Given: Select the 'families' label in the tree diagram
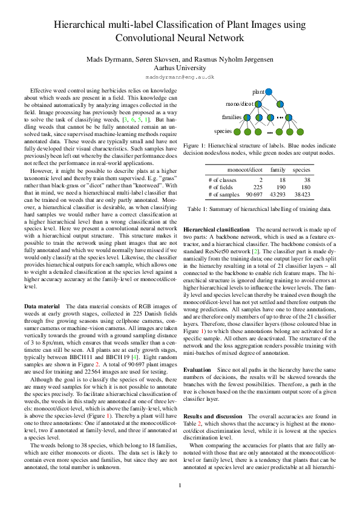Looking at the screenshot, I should pyautogui.click(x=232, y=117).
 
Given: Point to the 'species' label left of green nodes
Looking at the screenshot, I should pyautogui.click(x=224, y=131).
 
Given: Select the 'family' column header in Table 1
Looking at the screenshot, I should pyautogui.click(x=278, y=170).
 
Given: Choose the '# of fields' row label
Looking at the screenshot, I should pyautogui.click(x=223, y=187).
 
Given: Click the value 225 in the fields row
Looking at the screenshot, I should pyautogui.click(x=257, y=187).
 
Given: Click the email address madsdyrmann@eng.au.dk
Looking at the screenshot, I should pyautogui.click(x=180, y=77).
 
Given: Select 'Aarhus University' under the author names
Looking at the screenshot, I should pyautogui.click(x=180, y=68).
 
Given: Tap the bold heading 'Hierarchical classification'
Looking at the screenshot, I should pyautogui.click(x=216, y=230).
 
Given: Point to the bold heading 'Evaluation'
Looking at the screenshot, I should pyautogui.click(x=197, y=369).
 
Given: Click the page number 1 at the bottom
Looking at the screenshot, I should pyautogui.click(x=180, y=485).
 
